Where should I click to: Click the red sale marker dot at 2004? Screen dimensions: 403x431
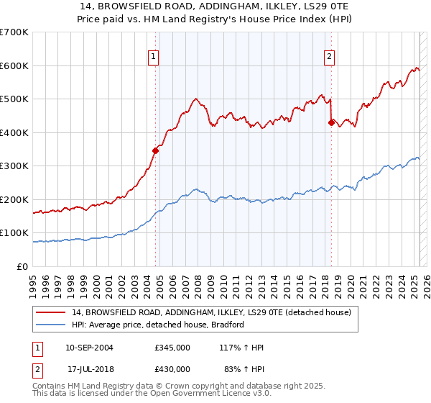pyautogui.click(x=155, y=150)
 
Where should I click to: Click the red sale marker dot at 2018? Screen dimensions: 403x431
pyautogui.click(x=331, y=122)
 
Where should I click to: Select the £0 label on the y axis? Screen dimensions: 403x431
pyautogui.click(x=22, y=266)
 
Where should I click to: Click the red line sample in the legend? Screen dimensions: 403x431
pyautogui.click(x=50, y=313)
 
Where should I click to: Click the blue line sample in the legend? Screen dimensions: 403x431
pyautogui.click(x=50, y=325)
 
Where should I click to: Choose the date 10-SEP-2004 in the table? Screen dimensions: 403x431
pyautogui.click(x=89, y=348)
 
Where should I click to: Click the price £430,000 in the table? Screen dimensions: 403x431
pyautogui.click(x=172, y=368)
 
